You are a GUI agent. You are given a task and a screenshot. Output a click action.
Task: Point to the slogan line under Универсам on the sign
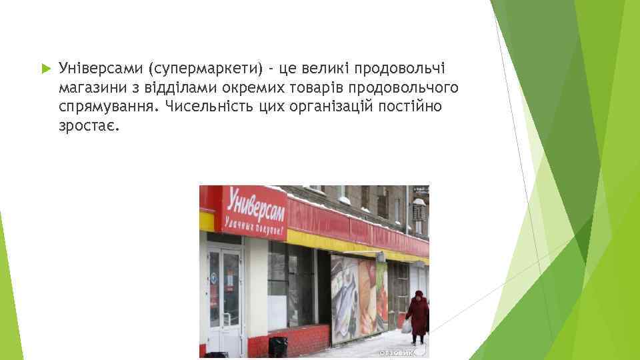[253, 225]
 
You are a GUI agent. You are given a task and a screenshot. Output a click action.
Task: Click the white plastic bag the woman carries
[406, 326]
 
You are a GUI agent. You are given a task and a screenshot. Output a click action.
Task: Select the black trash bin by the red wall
[277, 346]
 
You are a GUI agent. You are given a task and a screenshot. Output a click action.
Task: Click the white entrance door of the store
[225, 300]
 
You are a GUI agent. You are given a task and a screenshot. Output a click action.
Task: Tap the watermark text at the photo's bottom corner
[397, 352]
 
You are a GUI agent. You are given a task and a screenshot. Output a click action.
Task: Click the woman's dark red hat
[419, 294]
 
